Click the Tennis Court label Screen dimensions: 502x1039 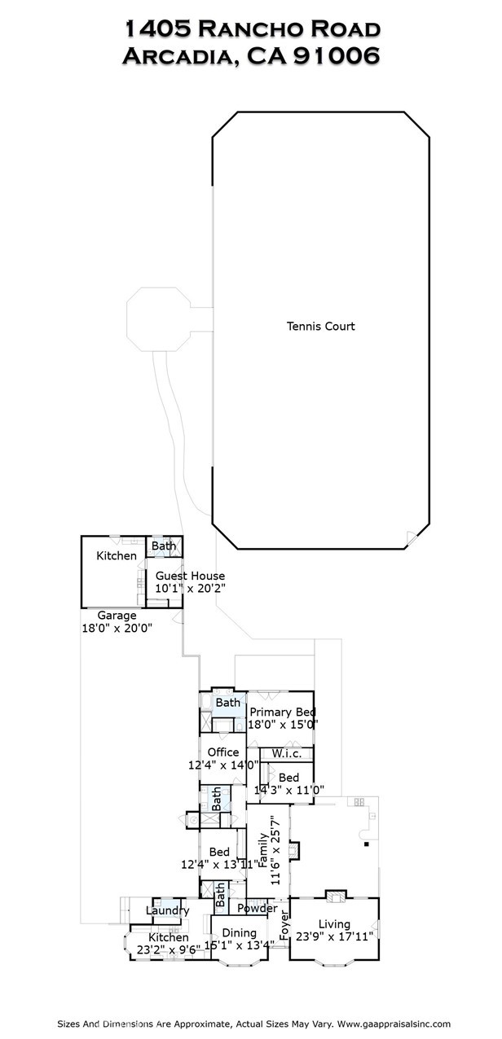(x=320, y=326)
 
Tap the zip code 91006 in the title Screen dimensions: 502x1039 (x=337, y=56)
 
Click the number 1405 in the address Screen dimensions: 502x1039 (x=158, y=29)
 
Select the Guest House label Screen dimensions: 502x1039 (x=190, y=576)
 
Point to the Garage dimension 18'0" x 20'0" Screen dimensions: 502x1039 (x=117, y=628)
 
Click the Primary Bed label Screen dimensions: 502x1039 (x=283, y=712)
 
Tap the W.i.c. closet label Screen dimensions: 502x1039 (x=287, y=754)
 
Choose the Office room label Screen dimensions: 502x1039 (x=223, y=752)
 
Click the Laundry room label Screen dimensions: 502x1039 (x=167, y=910)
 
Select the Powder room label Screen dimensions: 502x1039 (x=258, y=908)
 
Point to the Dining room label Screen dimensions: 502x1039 (x=239, y=933)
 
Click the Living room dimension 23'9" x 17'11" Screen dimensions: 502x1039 (x=334, y=936)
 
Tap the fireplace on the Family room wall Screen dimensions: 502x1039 (x=294, y=850)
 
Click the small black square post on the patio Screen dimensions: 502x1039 (x=367, y=844)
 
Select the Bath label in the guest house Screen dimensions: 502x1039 (x=164, y=546)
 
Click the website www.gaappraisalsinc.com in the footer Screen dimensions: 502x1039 (x=394, y=1024)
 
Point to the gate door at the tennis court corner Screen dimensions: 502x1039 (x=412, y=537)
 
